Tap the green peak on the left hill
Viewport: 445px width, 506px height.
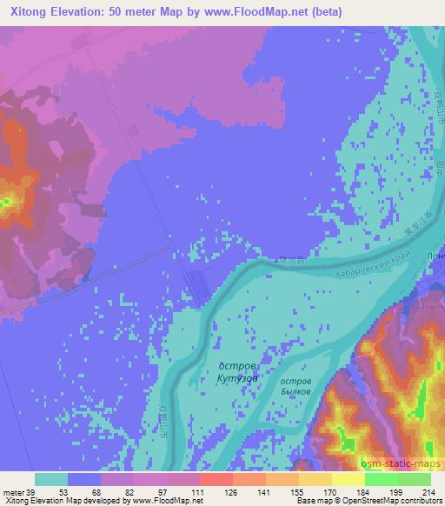(5, 204)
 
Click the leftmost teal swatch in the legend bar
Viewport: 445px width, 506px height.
(51, 479)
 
